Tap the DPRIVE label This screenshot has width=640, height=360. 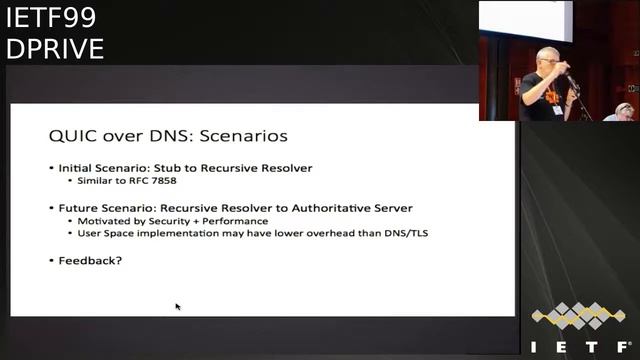pos(54,48)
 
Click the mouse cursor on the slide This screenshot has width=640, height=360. pos(178,306)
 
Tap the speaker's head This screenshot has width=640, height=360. pos(546,58)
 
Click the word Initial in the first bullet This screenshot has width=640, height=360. pos(78,168)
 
